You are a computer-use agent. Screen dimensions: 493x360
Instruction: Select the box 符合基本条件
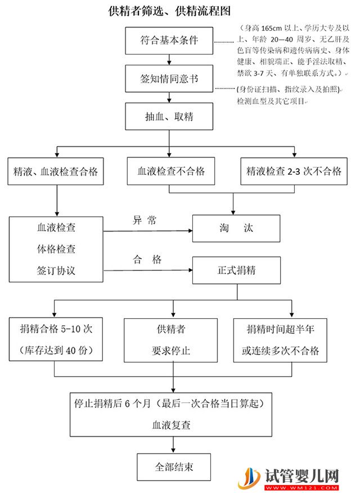point(169,40)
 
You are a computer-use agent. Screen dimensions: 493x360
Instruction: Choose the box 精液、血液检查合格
point(56,172)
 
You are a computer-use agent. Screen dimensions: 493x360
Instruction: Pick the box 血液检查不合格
point(172,172)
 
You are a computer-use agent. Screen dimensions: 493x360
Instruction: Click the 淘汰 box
point(236,229)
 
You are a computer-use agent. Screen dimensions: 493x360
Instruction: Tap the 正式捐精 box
point(236,270)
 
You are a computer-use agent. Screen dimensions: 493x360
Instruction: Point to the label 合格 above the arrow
point(147,260)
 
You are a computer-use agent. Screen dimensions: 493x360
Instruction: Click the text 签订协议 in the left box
point(56,270)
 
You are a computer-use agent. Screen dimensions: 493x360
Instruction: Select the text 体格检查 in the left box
point(56,250)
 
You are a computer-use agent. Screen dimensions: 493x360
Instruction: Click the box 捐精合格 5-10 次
point(56,340)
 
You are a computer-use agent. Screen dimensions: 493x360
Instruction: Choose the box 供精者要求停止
point(171,340)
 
